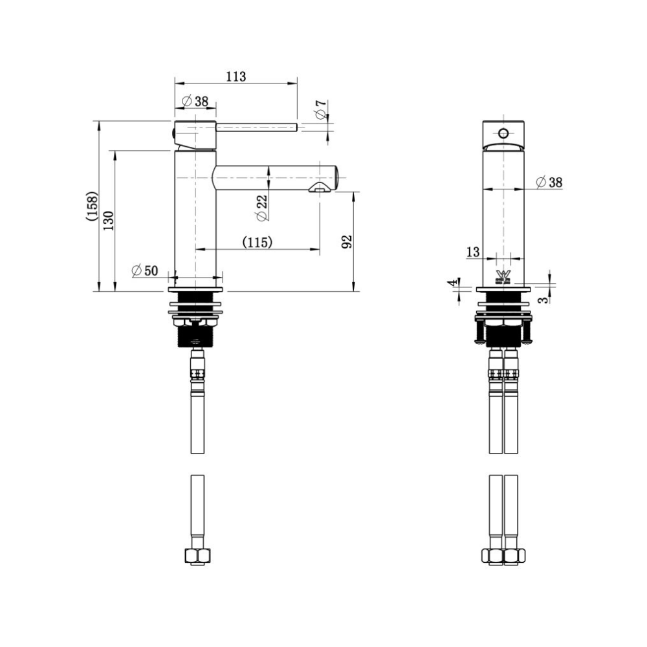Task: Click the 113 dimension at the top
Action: coord(236,76)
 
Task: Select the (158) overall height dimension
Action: coord(93,206)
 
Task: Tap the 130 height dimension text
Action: coord(109,221)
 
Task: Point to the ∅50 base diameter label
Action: coord(145,270)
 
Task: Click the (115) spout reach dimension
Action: coord(258,242)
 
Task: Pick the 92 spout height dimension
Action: coord(347,241)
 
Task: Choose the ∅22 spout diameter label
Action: coord(262,208)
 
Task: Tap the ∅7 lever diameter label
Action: coord(321,109)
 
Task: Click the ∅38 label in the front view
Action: coord(549,182)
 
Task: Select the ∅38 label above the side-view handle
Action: coord(195,101)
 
